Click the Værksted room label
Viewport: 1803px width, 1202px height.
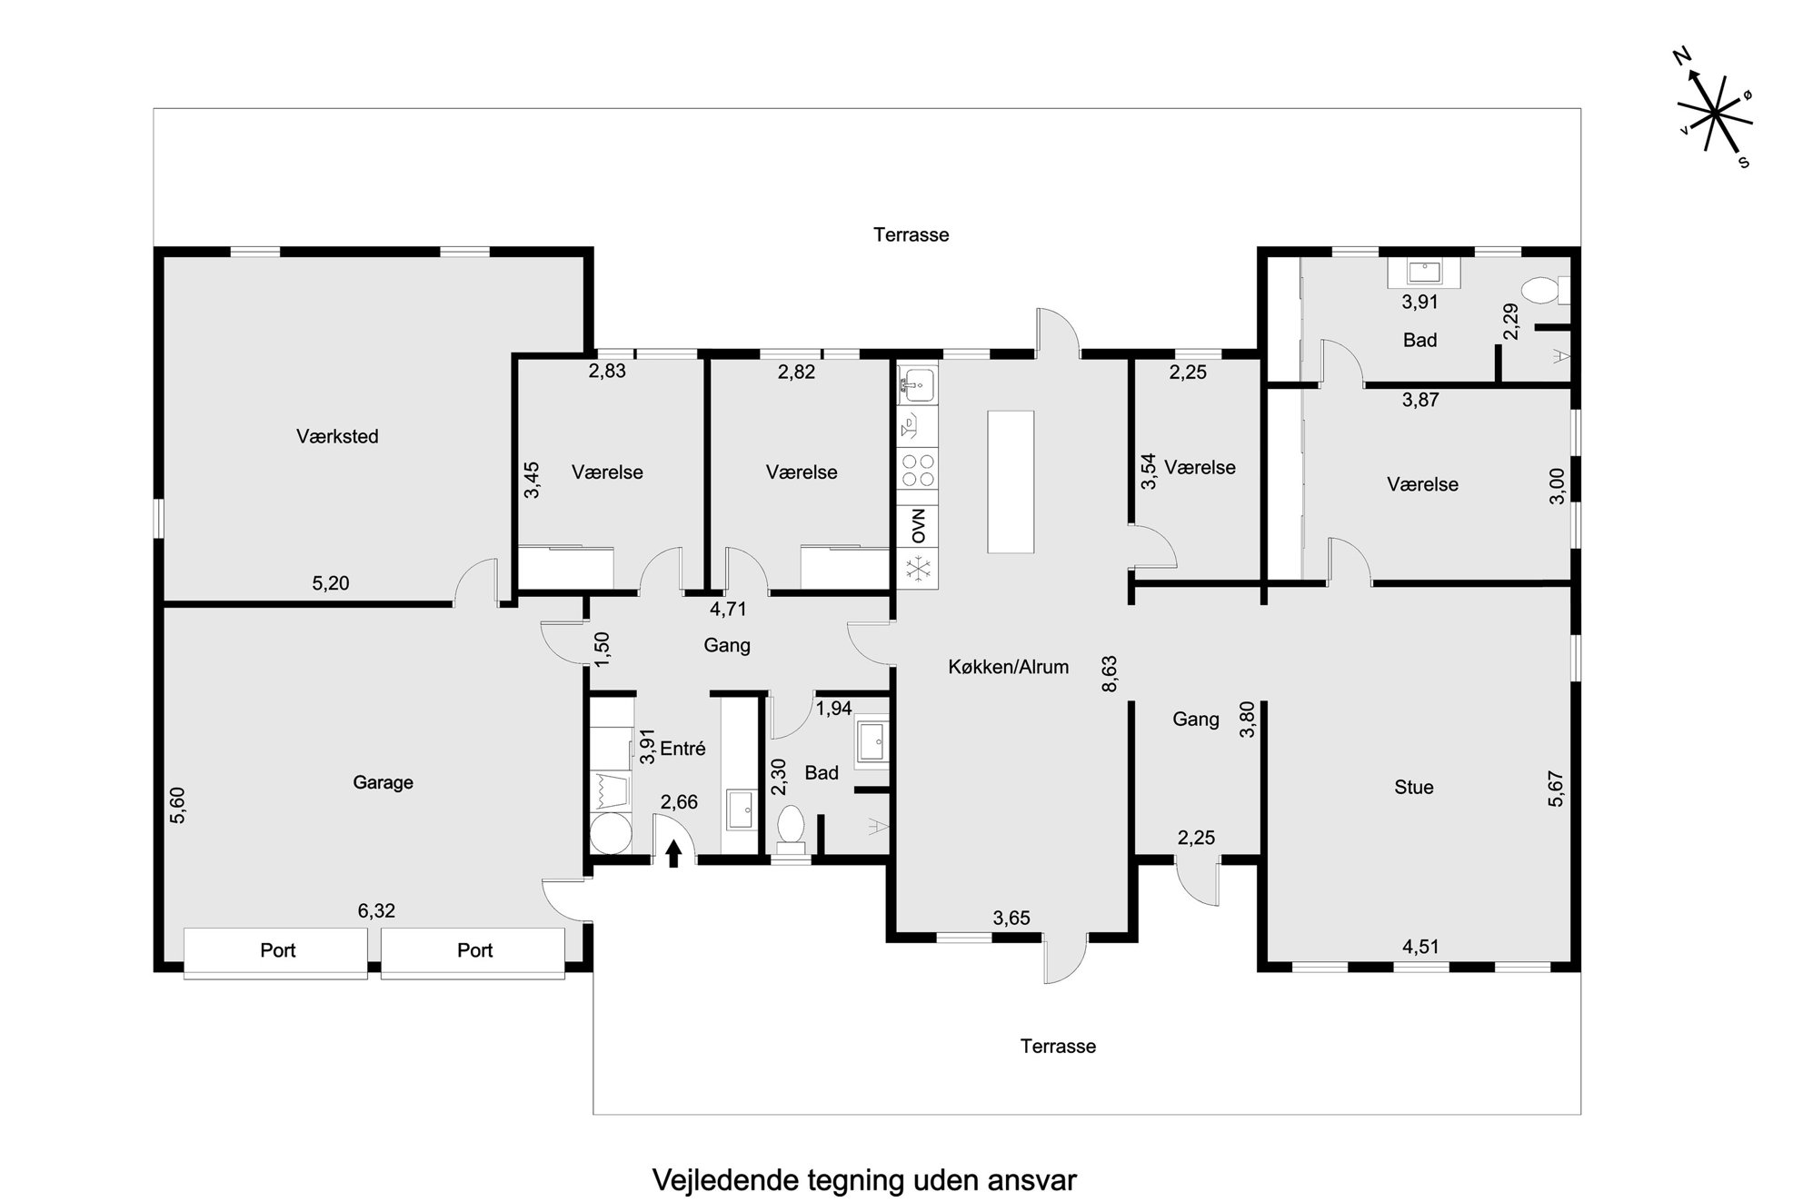[x=337, y=436]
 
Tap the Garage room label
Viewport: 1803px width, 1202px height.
[x=383, y=782]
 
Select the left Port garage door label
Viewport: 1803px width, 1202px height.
[x=277, y=950]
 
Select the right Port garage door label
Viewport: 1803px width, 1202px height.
[x=474, y=950]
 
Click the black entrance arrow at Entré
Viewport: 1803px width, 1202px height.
[x=673, y=854]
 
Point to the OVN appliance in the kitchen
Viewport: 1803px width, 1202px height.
[x=918, y=526]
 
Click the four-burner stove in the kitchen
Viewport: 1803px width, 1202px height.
[x=918, y=471]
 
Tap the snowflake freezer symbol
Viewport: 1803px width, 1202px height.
[x=918, y=568]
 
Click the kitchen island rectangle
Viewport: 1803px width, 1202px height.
[x=1011, y=482]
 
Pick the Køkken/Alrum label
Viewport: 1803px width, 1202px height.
[x=1008, y=667]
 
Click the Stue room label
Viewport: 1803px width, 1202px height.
[x=1414, y=787]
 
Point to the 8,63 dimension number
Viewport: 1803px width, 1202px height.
[x=1110, y=674]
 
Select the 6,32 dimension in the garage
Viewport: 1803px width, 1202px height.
[x=376, y=910]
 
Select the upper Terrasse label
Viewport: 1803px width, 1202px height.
[x=911, y=234]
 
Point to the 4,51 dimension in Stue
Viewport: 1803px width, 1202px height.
[x=1420, y=947]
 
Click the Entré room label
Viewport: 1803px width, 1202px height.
[x=682, y=749]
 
